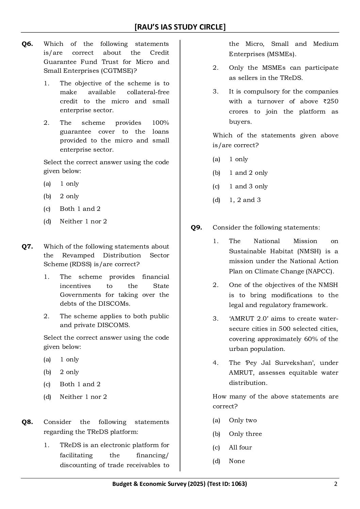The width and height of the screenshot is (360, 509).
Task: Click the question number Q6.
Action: tap(27, 44)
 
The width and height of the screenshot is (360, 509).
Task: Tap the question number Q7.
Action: tap(27, 247)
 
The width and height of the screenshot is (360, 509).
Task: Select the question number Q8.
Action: tap(27, 422)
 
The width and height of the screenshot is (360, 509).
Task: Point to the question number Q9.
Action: tap(196, 227)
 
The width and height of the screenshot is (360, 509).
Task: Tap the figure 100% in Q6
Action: tap(161, 123)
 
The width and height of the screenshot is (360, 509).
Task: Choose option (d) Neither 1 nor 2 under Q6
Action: tap(83, 221)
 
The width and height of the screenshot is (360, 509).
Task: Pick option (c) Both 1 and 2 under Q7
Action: tap(80, 384)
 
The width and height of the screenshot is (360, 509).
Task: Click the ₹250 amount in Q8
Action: tap(331, 101)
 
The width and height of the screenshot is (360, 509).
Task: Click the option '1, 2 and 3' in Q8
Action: tap(245, 200)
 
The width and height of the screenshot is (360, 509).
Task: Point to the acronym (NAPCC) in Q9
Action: tap(321, 271)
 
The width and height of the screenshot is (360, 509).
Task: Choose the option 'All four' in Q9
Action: tap(240, 447)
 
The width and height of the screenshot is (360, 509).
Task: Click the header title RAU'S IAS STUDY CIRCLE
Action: tap(180, 27)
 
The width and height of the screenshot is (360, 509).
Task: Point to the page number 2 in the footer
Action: tap(336, 484)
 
